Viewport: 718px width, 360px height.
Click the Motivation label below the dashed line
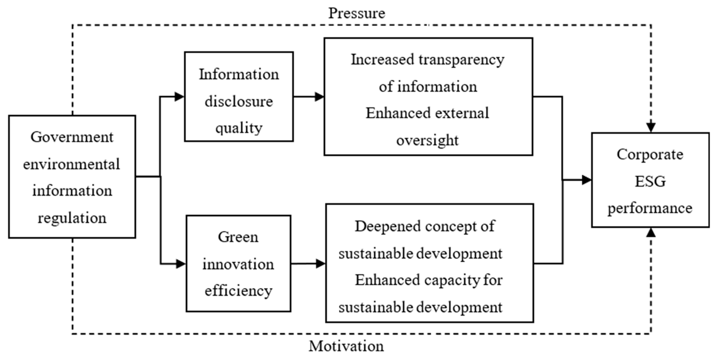coord(346,346)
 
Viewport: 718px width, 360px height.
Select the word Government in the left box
coord(72,137)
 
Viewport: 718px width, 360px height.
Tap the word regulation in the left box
coord(72,218)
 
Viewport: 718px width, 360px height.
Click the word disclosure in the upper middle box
coord(239,101)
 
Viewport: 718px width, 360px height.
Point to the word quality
coord(239,128)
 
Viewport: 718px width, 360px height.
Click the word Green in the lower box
coord(238,237)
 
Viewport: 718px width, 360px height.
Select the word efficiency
coord(238,291)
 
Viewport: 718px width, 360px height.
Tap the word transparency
coord(461,60)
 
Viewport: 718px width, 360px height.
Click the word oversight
coord(427,140)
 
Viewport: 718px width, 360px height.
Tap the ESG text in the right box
coord(650,181)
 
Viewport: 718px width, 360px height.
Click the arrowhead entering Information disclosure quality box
coord(179,97)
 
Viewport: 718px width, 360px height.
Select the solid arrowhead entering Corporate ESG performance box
coord(586,180)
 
